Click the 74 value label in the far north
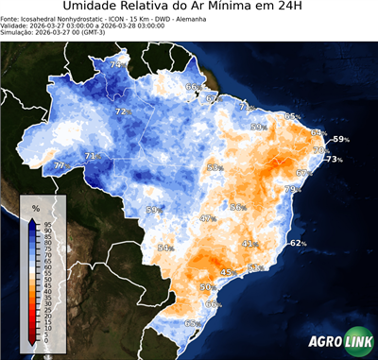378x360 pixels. [x=115, y=64]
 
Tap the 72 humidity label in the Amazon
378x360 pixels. [x=121, y=111]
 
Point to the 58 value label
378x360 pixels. [x=214, y=167]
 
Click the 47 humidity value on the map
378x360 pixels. [x=207, y=218]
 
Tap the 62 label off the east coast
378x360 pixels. [x=298, y=243]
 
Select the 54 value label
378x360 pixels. [x=164, y=248]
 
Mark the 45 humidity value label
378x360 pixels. [x=227, y=272]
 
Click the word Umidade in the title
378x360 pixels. [x=94, y=9]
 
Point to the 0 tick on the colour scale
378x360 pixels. [x=48, y=341]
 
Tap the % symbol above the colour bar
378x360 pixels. [x=35, y=206]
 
